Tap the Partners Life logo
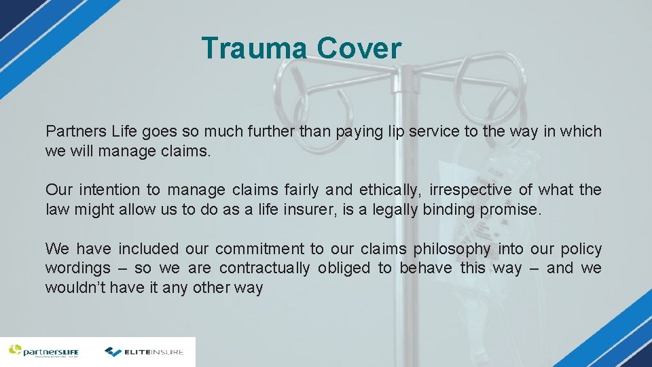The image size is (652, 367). tap(44, 351)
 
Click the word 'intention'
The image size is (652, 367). tap(109, 190)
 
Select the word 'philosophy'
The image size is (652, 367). tap(448, 249)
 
